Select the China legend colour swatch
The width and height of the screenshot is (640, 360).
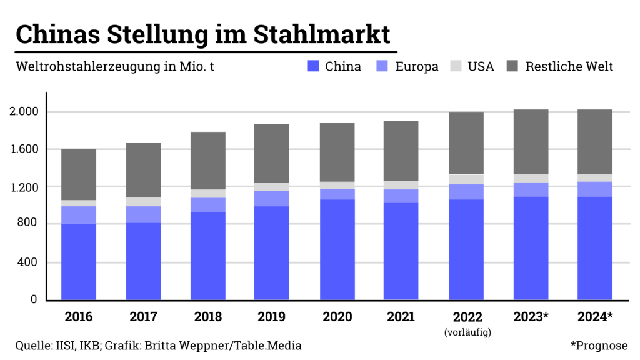314,66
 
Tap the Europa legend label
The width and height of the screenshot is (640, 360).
417,66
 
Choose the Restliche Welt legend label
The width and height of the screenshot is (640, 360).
569,66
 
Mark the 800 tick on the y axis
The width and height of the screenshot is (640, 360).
28,224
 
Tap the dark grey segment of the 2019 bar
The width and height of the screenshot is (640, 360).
271,153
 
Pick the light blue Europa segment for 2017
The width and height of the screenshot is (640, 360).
143,214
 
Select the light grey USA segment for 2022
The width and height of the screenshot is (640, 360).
466,179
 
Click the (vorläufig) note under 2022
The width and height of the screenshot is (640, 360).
467,332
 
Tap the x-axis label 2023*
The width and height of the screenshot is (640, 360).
531,317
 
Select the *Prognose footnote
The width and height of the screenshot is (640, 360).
599,346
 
